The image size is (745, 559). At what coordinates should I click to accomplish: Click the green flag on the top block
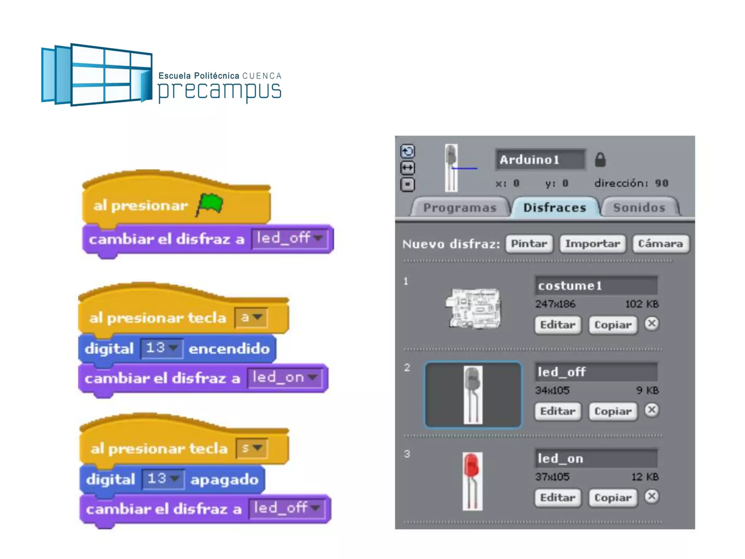pos(210,204)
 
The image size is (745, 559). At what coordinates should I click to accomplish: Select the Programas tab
pos(459,207)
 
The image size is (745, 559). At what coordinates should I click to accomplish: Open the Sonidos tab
pos(639,207)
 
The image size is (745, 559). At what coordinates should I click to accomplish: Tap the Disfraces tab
pos(555,207)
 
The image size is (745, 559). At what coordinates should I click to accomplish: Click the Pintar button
pos(529,243)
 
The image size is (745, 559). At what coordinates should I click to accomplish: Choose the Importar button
pos(593,243)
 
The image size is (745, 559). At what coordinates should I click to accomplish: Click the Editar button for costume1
pos(557,324)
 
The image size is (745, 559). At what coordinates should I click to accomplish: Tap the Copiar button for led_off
pos(613,411)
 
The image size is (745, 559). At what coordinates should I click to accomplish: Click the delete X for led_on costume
pos(652,496)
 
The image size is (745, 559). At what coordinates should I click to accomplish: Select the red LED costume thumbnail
pos(472,481)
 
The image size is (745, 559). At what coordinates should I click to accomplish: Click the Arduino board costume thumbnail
pos(473,308)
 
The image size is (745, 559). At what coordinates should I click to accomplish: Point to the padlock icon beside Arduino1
pos(600,159)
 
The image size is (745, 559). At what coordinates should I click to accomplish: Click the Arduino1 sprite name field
pos(540,159)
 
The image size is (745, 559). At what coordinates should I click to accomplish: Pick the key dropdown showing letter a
pos(251,317)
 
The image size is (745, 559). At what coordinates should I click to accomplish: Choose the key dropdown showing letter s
pos(252,448)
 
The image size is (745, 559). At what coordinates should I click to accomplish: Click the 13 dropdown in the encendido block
pos(162,348)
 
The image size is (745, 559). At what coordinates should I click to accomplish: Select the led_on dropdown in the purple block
pos(285,378)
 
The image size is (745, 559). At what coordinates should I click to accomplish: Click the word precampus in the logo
pos(220,91)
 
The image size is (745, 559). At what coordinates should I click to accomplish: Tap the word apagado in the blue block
pos(224,479)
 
